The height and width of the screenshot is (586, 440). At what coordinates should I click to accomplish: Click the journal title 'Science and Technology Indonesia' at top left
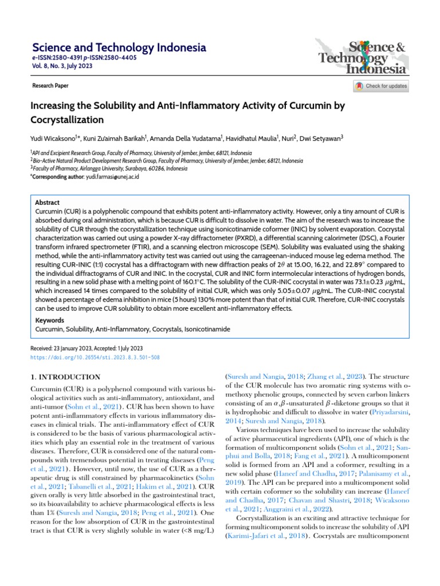[x=119, y=47]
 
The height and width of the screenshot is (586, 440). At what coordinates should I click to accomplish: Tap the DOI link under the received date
[x=95, y=357]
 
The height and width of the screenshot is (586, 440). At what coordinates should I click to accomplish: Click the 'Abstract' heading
[x=47, y=203]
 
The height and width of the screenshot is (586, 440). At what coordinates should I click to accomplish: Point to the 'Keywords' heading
[x=50, y=321]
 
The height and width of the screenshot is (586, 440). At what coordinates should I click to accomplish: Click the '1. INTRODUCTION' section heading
[x=65, y=377]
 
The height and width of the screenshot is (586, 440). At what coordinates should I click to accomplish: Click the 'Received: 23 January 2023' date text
[x=64, y=348]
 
